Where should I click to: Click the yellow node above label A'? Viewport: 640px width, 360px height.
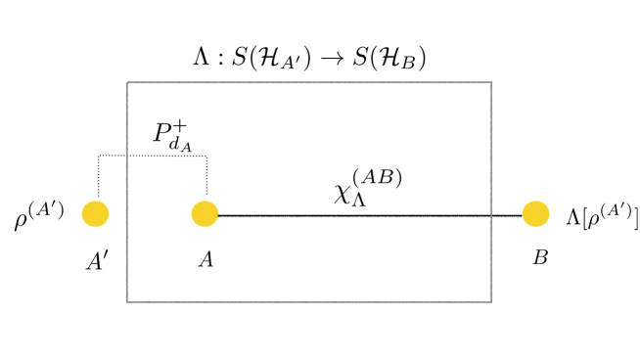tap(96, 212)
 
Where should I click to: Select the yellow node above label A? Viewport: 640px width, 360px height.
tap(205, 212)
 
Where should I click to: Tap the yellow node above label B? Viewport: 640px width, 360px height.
tap(535, 212)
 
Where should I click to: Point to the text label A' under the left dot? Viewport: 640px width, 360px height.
tap(96, 261)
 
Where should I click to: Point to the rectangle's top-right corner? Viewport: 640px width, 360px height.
tap(491, 82)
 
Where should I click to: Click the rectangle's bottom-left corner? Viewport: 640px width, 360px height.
tap(127, 301)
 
